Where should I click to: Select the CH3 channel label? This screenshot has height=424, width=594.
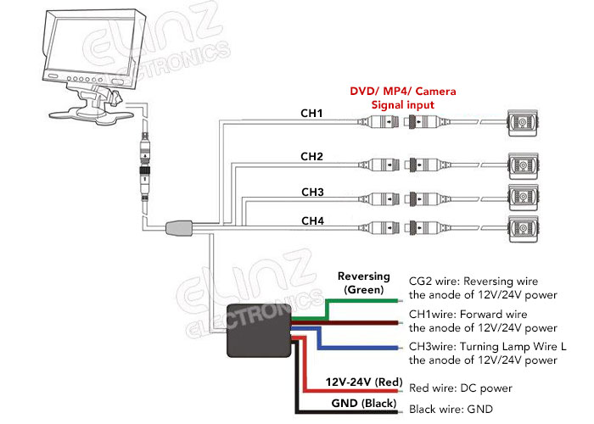312,192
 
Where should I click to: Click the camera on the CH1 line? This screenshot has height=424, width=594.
524,126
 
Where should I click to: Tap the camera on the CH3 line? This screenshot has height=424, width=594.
524,196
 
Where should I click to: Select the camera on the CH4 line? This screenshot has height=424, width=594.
524,229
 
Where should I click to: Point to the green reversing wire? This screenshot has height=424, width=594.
356,300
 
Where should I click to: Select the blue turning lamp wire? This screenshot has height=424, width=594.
356,348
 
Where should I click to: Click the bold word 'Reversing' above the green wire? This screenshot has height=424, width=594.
363,276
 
